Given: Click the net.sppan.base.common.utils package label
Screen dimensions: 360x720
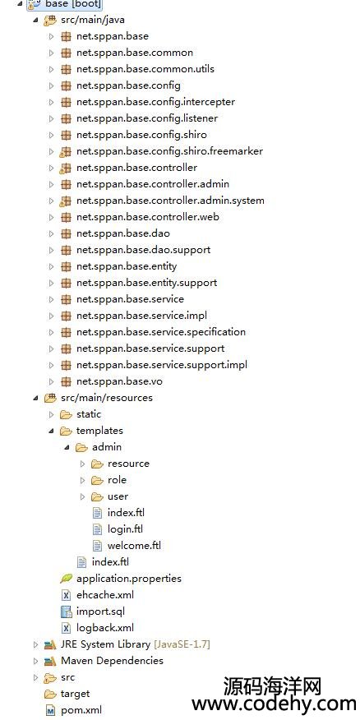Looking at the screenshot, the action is (x=145, y=69).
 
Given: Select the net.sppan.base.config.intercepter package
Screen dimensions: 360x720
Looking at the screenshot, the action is (x=155, y=102).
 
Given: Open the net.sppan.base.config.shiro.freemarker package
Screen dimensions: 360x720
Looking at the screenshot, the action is (x=169, y=151).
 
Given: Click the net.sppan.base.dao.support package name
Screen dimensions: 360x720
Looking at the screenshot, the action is (x=143, y=250).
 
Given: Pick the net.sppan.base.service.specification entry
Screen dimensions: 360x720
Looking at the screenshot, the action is (x=161, y=332).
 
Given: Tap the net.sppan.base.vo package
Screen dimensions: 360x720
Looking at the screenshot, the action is (x=119, y=381).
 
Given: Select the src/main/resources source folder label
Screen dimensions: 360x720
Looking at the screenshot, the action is (x=107, y=398).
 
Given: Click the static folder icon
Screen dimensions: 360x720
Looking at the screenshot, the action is (x=66, y=414).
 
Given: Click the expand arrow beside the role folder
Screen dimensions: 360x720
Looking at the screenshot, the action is (x=83, y=480).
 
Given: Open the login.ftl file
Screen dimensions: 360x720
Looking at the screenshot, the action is (x=125, y=529).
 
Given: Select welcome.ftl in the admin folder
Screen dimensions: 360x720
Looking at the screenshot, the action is (x=134, y=546).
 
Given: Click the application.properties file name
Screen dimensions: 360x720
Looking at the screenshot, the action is (x=128, y=579).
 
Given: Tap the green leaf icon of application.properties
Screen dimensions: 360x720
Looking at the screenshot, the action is (x=66, y=579).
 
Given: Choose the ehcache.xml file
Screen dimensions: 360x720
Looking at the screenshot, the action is (x=105, y=595).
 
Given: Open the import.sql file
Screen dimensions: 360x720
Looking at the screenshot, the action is (x=100, y=612).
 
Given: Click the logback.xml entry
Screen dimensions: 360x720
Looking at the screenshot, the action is (x=105, y=628).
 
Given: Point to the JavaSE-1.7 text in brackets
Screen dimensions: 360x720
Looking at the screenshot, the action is (x=182, y=644).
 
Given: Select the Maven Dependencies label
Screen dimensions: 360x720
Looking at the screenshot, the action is (x=112, y=661).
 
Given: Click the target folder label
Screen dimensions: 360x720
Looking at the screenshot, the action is (x=75, y=694).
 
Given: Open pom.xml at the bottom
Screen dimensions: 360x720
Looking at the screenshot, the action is (x=81, y=710).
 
